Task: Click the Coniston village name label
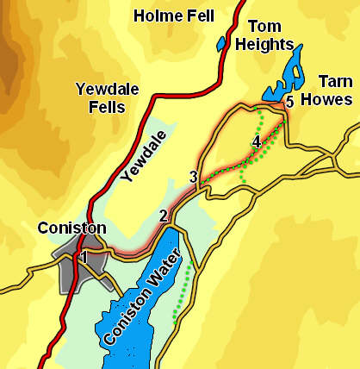[x=71, y=228]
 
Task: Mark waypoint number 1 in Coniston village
[x=84, y=256]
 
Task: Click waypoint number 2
[x=163, y=216]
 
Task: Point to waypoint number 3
[x=194, y=178]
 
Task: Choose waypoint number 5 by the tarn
[x=289, y=102]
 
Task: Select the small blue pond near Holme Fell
[x=221, y=42]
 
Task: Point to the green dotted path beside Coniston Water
[x=182, y=297]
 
